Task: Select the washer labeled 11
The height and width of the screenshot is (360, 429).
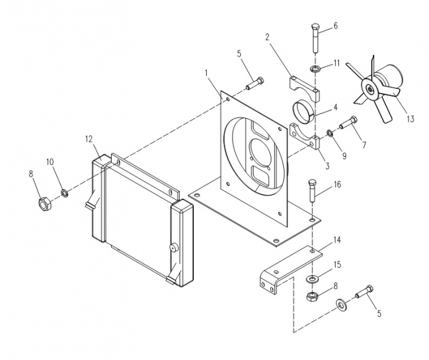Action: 315,69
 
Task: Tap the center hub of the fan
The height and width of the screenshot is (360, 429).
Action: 369,90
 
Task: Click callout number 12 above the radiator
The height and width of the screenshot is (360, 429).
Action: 89,139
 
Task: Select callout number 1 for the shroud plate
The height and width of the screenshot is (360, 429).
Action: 207,73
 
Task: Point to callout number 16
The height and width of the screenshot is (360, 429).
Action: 338,185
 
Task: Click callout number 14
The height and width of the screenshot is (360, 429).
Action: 337,240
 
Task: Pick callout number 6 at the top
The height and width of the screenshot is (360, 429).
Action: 335,26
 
